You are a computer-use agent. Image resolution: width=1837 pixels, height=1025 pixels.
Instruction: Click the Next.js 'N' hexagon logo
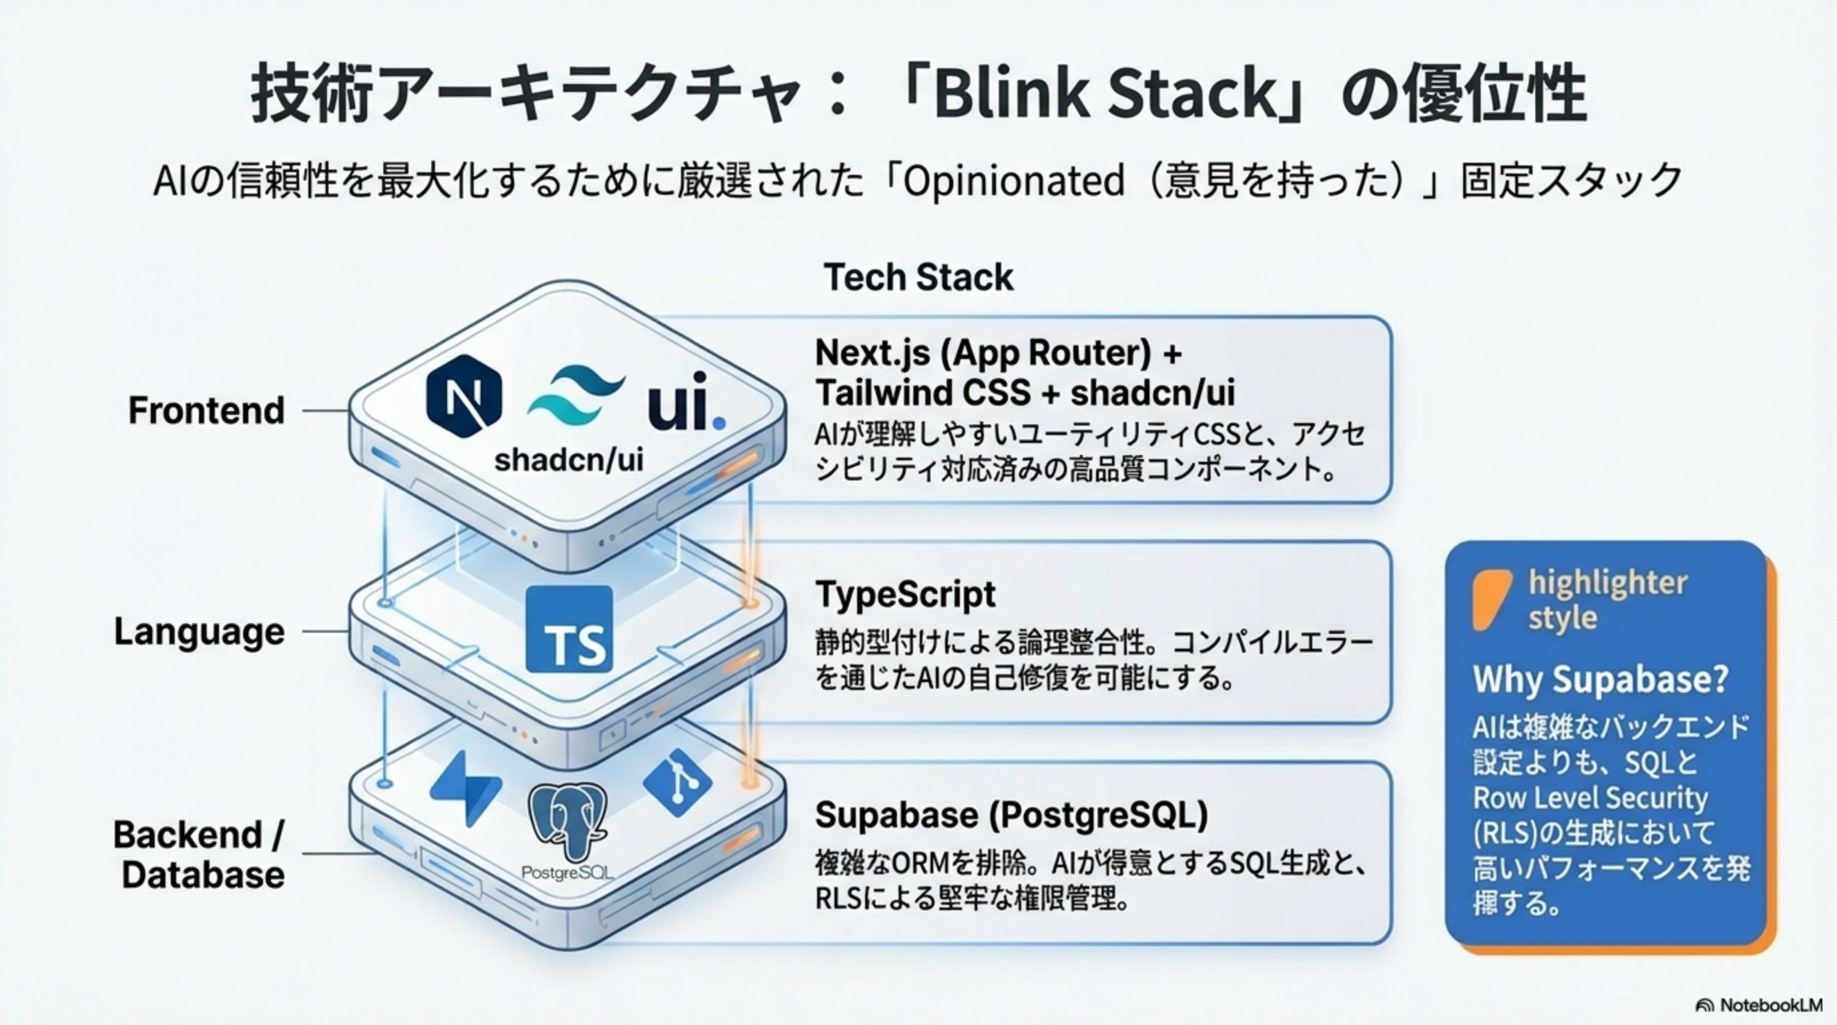click(x=463, y=396)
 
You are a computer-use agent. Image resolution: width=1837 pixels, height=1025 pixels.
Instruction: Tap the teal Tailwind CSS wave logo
click(x=575, y=396)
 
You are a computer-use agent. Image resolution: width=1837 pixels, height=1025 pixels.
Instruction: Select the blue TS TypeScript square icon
click(x=568, y=629)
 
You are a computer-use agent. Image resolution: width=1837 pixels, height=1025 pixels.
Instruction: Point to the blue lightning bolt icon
click(x=467, y=787)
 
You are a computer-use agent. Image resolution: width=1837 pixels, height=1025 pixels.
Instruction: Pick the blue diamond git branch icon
click(x=677, y=783)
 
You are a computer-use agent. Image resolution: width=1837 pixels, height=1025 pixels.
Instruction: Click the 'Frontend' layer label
click(x=206, y=410)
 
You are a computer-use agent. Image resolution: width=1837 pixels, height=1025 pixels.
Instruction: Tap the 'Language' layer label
click(x=199, y=631)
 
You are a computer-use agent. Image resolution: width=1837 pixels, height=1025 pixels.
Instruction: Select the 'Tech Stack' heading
click(x=918, y=278)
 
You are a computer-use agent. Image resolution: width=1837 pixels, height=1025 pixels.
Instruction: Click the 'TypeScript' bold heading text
click(x=905, y=594)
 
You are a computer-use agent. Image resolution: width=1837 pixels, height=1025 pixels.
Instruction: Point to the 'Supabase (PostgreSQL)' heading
click(x=1011, y=815)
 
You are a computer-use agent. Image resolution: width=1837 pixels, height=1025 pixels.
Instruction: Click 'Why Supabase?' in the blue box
click(x=1600, y=679)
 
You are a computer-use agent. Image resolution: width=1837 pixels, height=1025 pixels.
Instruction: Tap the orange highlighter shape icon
click(x=1491, y=599)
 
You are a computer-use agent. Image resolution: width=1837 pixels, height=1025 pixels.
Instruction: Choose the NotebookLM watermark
click(x=1757, y=1005)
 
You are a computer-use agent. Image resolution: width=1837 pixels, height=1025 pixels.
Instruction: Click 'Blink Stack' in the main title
click(x=1104, y=95)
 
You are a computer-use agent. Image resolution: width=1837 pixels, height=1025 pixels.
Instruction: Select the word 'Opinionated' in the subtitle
click(x=1013, y=181)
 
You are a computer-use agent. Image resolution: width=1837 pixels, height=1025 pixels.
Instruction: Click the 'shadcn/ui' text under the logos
click(x=568, y=460)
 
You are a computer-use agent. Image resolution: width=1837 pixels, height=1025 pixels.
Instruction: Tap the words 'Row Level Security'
click(x=1590, y=797)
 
